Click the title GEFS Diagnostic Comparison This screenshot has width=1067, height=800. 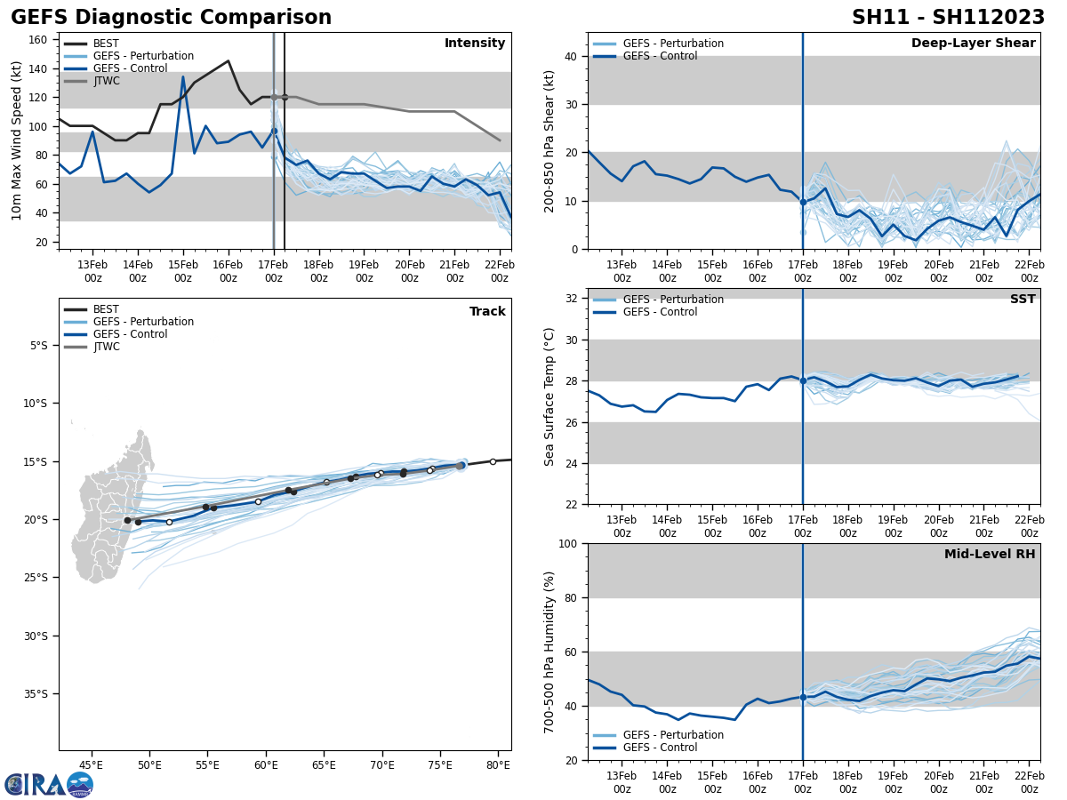click(x=171, y=18)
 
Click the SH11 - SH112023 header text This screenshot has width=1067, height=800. click(x=948, y=18)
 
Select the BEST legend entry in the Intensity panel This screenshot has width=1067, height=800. click(x=106, y=44)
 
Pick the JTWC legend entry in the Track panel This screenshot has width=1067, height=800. click(x=106, y=347)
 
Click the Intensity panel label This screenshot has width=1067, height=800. click(x=475, y=44)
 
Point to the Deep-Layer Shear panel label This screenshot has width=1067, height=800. click(x=973, y=44)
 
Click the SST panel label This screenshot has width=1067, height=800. click(x=1023, y=300)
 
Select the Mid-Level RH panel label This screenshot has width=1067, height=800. click(x=990, y=555)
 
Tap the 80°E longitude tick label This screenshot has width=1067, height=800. click(x=498, y=764)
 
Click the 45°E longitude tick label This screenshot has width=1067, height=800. click(x=91, y=764)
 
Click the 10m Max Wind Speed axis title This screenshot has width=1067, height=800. click(x=17, y=140)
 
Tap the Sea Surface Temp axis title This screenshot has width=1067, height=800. click(x=550, y=396)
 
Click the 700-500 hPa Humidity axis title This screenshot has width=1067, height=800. click(x=550, y=652)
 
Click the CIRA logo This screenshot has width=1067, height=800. click(x=49, y=784)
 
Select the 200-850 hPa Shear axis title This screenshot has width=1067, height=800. click(x=550, y=140)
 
